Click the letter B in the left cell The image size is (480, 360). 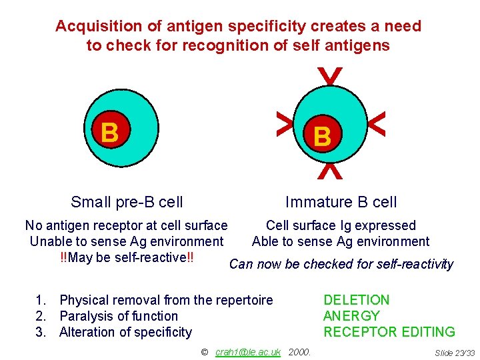coord(110,132)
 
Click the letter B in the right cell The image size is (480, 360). coord(322,137)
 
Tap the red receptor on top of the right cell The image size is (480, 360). coord(330,76)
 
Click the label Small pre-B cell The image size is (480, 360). coord(127,202)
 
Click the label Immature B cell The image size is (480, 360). coord(341,202)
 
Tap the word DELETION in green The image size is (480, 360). coord(356,300)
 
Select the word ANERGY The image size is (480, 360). coord(351,316)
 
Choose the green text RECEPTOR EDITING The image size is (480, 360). coord(389,332)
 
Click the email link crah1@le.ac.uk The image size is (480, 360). coord(248,351)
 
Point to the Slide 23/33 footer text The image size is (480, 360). coord(455,352)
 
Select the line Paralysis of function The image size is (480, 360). coord(119,316)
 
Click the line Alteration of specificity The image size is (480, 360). coord(125,332)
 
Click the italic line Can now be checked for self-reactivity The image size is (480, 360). coord(341,264)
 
